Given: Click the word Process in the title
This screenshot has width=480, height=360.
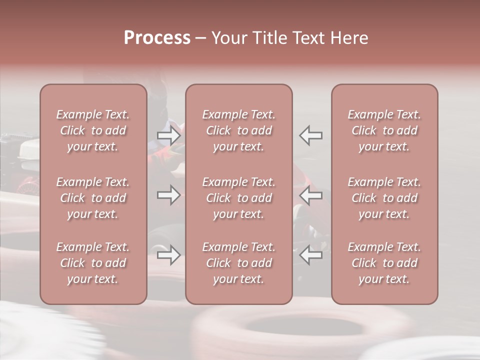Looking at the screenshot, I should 157,38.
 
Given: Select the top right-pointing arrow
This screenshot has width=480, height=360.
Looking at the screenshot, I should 168,135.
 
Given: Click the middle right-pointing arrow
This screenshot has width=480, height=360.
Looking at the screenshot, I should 168,195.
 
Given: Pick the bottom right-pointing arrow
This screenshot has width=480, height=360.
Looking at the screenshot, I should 168,255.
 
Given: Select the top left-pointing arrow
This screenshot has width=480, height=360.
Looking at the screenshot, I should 311,135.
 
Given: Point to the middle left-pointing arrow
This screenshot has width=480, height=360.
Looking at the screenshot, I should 311,195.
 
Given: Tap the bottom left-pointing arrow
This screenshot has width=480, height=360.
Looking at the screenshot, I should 311,255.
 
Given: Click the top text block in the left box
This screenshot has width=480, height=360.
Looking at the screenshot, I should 93,130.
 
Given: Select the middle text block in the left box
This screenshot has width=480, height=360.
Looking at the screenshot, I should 93,198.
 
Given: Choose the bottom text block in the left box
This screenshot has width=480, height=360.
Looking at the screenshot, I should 93,263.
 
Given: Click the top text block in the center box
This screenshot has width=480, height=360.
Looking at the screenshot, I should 239,130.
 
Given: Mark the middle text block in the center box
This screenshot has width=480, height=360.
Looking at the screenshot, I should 239,198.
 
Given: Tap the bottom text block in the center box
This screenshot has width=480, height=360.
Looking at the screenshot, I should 239,263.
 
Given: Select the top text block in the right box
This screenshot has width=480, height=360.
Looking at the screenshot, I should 384,130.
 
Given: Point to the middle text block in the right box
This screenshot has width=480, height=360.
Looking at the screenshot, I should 384,198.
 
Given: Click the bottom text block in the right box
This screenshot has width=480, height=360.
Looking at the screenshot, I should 384,263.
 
